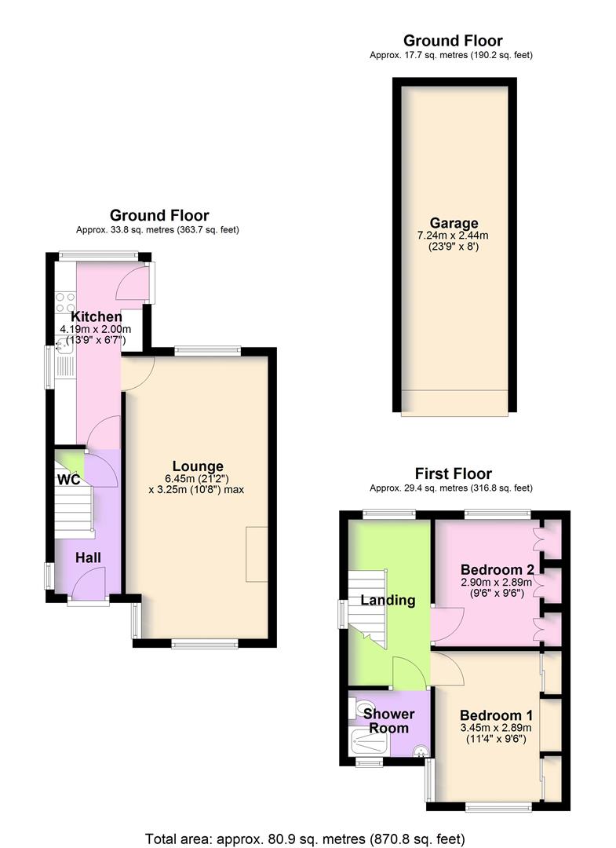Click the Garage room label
point(454,224)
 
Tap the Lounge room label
point(197,466)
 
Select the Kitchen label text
point(97,317)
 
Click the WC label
point(68,480)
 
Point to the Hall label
point(88,557)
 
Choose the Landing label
point(388,601)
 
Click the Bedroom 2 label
point(498,570)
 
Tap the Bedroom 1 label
point(497,715)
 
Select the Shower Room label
point(390,721)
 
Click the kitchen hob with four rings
point(65,304)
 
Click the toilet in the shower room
point(357,704)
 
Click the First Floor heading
point(454,473)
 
